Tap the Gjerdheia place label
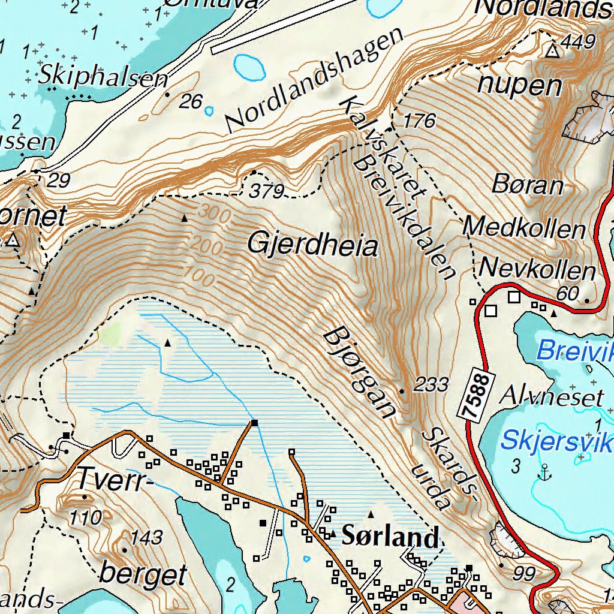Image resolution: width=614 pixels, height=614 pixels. pos(312,246)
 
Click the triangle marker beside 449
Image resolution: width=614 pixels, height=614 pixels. pos(552,51)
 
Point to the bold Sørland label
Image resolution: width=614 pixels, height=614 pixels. pos(390,537)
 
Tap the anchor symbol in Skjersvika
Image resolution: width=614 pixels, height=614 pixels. pos(544,473)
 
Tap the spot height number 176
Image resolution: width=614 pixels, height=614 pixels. pos(419,121)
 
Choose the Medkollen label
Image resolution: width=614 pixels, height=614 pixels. pos(524,228)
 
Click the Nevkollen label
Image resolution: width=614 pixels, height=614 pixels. pos(538,270)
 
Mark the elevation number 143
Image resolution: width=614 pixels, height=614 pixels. pos(146,538)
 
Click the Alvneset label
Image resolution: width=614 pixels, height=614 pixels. pos(552,397)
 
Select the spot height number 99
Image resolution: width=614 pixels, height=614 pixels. pos(524,574)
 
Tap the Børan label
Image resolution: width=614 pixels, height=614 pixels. pos(528,185)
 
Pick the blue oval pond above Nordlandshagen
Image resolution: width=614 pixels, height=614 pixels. pos(249,67)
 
